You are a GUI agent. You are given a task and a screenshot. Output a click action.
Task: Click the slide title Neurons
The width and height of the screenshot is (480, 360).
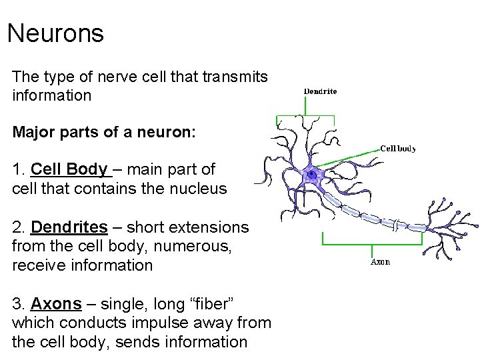55,33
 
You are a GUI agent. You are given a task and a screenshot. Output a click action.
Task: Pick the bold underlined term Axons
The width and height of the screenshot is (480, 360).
56,304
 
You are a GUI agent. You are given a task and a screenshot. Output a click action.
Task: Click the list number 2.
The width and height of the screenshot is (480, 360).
18,228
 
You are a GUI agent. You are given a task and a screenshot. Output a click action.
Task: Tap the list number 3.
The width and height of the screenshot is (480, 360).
18,304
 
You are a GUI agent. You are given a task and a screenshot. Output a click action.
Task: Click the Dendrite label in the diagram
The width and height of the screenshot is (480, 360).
320,91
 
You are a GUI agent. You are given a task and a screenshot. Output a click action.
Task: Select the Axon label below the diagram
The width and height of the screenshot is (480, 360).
380,262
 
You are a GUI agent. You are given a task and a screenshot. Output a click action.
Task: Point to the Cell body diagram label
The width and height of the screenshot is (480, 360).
398,149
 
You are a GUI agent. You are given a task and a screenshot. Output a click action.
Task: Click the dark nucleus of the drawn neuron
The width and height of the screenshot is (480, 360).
311,174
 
